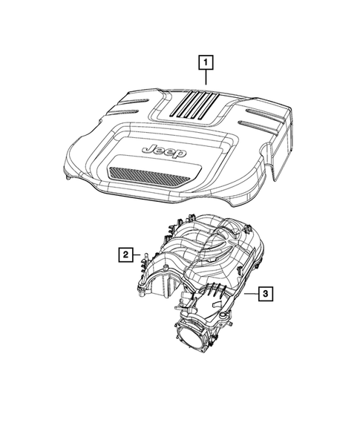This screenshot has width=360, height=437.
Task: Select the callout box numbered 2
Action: (126, 255)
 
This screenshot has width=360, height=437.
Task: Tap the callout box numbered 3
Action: (265, 295)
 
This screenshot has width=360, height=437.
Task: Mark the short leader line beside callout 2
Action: (137, 255)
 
